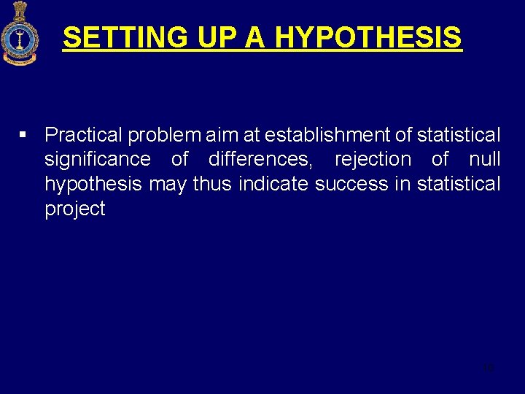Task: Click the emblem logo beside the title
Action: [20, 34]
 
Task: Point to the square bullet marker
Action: [23, 135]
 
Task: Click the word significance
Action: [98, 160]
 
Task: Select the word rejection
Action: [373, 160]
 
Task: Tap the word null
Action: [485, 159]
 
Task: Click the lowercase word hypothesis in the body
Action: [93, 185]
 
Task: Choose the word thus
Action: [212, 184]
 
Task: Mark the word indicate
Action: [273, 184]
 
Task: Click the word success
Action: [351, 184]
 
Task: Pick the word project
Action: [75, 209]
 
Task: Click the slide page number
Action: [489, 368]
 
